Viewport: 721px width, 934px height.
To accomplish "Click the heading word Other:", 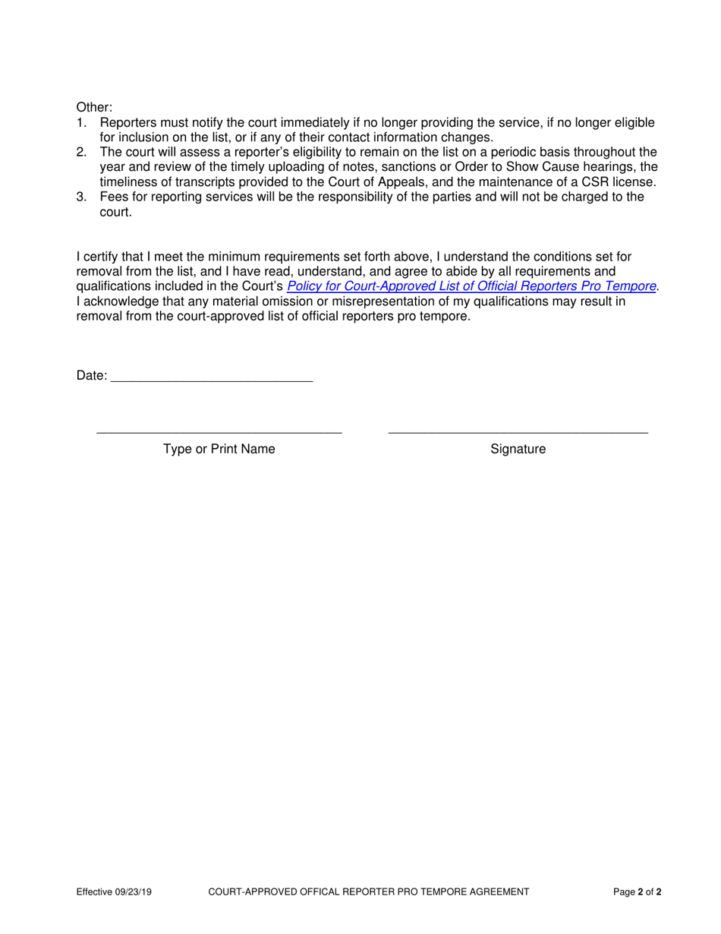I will pyautogui.click(x=94, y=108).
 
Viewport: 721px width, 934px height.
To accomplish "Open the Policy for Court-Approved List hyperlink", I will pyautogui.click(x=471, y=287).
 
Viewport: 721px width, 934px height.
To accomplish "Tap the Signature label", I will pyautogui.click(x=518, y=450).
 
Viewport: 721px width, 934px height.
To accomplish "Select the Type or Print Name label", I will pyautogui.click(x=219, y=450).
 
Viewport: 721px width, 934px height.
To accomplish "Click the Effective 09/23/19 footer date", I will pyautogui.click(x=114, y=892).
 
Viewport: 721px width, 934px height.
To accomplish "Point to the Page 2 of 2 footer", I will pyautogui.click(x=637, y=892).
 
